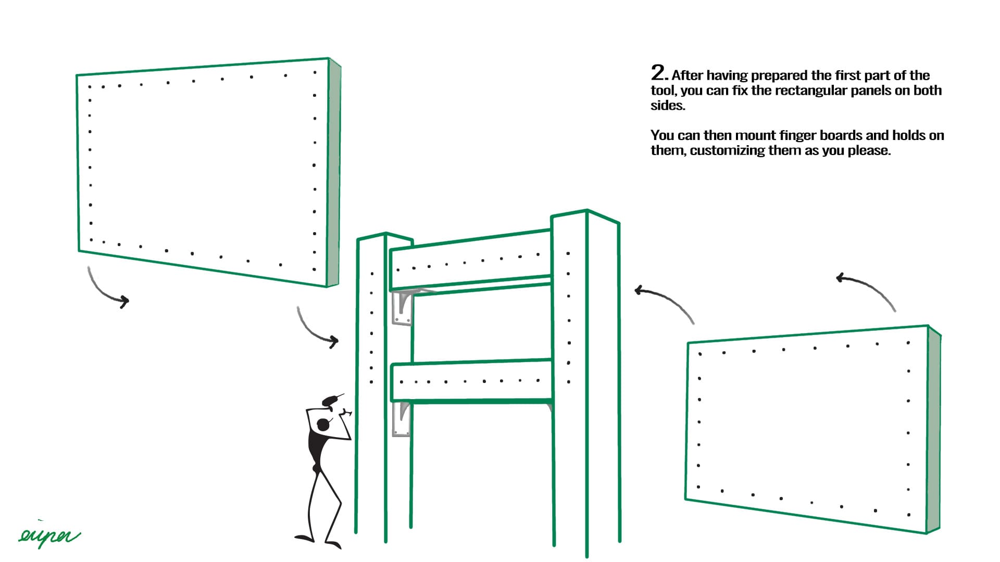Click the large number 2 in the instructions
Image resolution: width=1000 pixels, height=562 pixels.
tap(658, 72)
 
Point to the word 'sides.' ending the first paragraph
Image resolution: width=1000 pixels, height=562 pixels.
tap(667, 106)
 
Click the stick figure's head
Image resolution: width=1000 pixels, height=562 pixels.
tap(323, 425)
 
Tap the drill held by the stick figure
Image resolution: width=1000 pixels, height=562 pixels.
tap(331, 400)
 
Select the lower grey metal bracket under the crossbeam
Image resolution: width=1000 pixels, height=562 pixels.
tap(401, 419)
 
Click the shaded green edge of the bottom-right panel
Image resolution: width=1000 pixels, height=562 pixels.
tap(934, 429)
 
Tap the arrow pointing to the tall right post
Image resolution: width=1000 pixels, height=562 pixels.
tap(664, 302)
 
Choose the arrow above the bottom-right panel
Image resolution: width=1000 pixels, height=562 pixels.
tap(867, 289)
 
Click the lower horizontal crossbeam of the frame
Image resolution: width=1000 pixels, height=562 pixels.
tap(471, 381)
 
